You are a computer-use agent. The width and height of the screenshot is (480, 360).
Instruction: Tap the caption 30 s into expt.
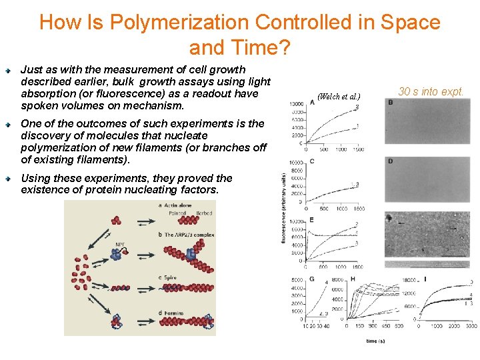pyautogui.click(x=430, y=92)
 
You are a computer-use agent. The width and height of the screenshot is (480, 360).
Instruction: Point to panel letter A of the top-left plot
pyautogui.click(x=313, y=103)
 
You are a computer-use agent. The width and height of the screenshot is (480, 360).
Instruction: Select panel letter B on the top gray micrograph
pyautogui.click(x=391, y=103)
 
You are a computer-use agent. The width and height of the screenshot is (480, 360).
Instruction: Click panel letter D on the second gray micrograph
pyautogui.click(x=391, y=161)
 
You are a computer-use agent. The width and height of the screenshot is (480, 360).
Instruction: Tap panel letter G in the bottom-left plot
pyautogui.click(x=311, y=279)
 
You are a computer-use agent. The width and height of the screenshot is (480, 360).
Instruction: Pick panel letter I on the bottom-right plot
pyautogui.click(x=425, y=278)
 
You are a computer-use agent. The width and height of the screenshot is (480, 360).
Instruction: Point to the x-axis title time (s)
pyautogui.click(x=375, y=341)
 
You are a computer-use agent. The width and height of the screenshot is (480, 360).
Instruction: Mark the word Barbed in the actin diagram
pyautogui.click(x=205, y=213)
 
